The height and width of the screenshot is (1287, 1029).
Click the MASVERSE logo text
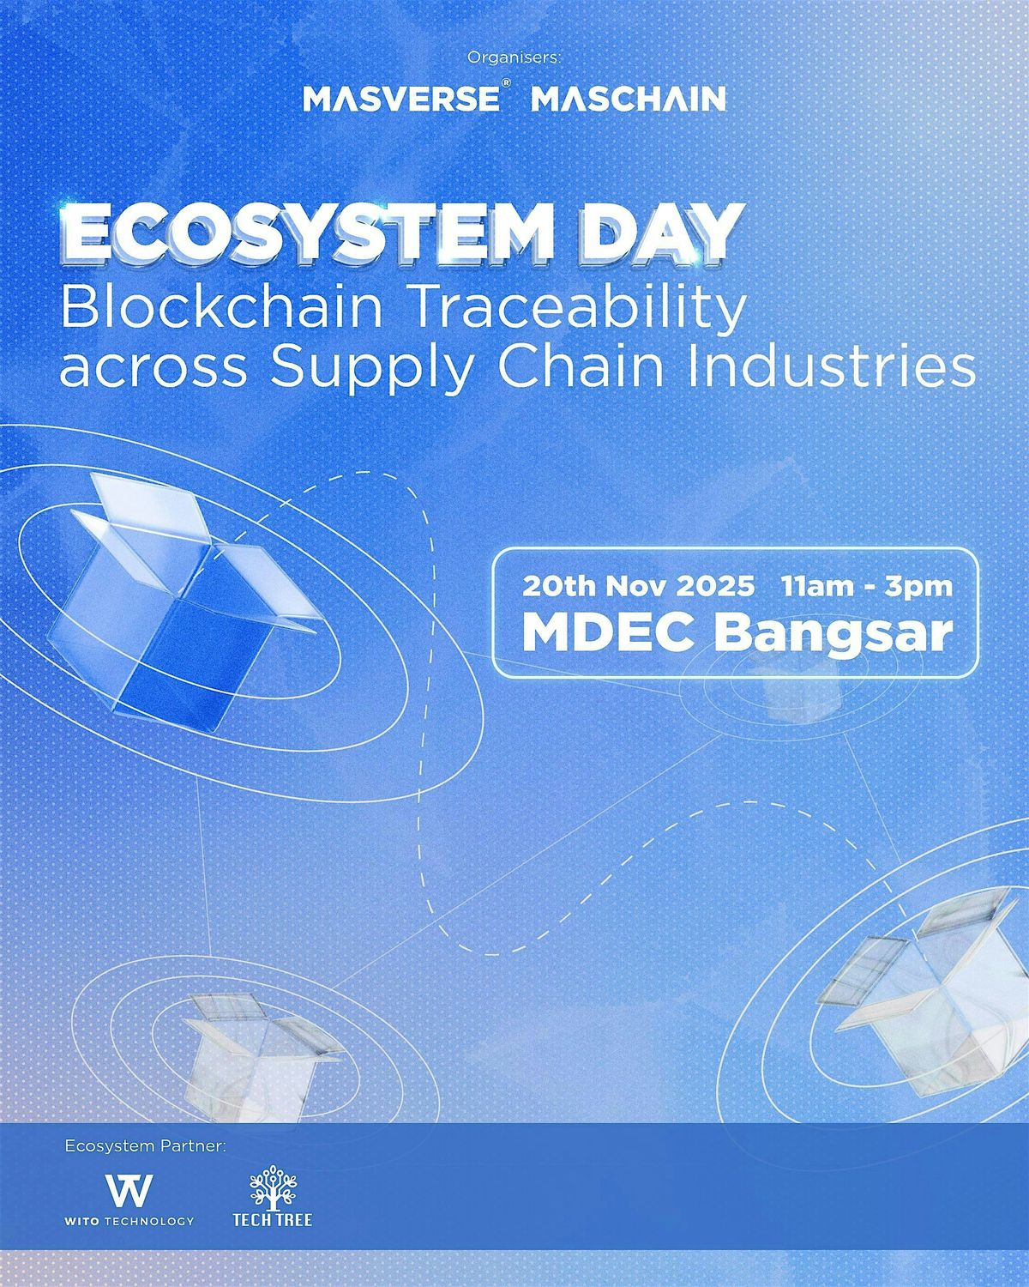[x=400, y=100]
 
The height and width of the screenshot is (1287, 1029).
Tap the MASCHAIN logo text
[x=629, y=100]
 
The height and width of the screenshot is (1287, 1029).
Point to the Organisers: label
[x=514, y=58]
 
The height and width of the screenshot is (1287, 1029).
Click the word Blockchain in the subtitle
[x=221, y=309]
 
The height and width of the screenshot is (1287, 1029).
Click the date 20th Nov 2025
[x=639, y=587]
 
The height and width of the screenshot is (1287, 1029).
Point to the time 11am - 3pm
[x=867, y=587]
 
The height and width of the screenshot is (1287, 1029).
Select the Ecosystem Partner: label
[x=144, y=1145]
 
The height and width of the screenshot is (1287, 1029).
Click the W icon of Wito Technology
[x=129, y=1189]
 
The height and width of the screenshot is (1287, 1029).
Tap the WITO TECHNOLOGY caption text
[x=129, y=1220]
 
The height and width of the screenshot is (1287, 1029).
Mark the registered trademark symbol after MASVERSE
[x=508, y=88]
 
